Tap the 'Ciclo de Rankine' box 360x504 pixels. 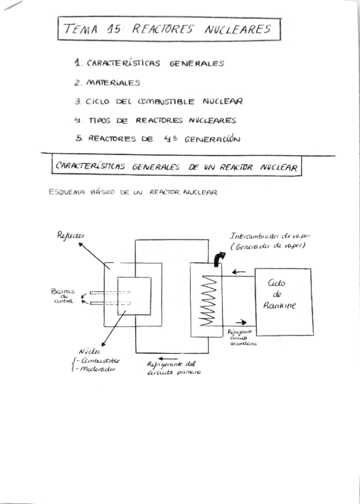pos(283,301)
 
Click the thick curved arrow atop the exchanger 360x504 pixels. pos(220,257)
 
